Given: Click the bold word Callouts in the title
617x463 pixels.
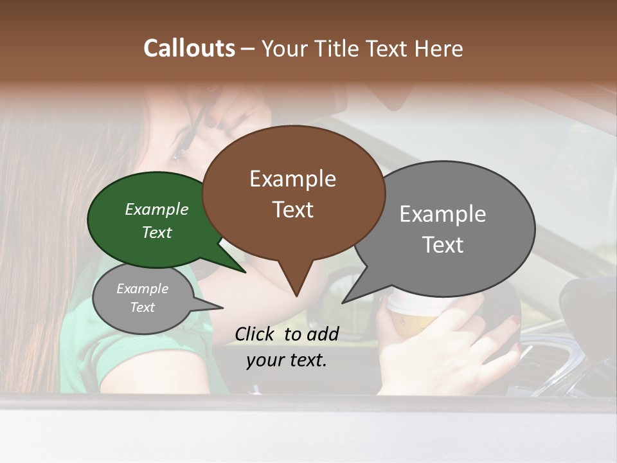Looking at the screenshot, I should click(x=189, y=48).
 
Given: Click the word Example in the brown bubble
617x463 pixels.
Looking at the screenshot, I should click(x=292, y=179).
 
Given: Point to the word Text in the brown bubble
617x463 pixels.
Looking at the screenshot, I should click(x=292, y=210).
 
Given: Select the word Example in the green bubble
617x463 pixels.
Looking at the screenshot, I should click(x=156, y=209).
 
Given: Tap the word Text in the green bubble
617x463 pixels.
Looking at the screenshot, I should click(x=156, y=232).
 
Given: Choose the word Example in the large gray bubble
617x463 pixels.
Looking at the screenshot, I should click(x=443, y=214).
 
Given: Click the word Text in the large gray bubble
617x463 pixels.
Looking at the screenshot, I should click(x=443, y=245).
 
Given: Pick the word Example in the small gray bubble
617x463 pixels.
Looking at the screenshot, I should click(x=142, y=289).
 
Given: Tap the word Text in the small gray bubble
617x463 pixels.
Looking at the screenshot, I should click(x=142, y=307).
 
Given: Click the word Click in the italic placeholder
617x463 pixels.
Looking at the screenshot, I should click(x=256, y=334).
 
